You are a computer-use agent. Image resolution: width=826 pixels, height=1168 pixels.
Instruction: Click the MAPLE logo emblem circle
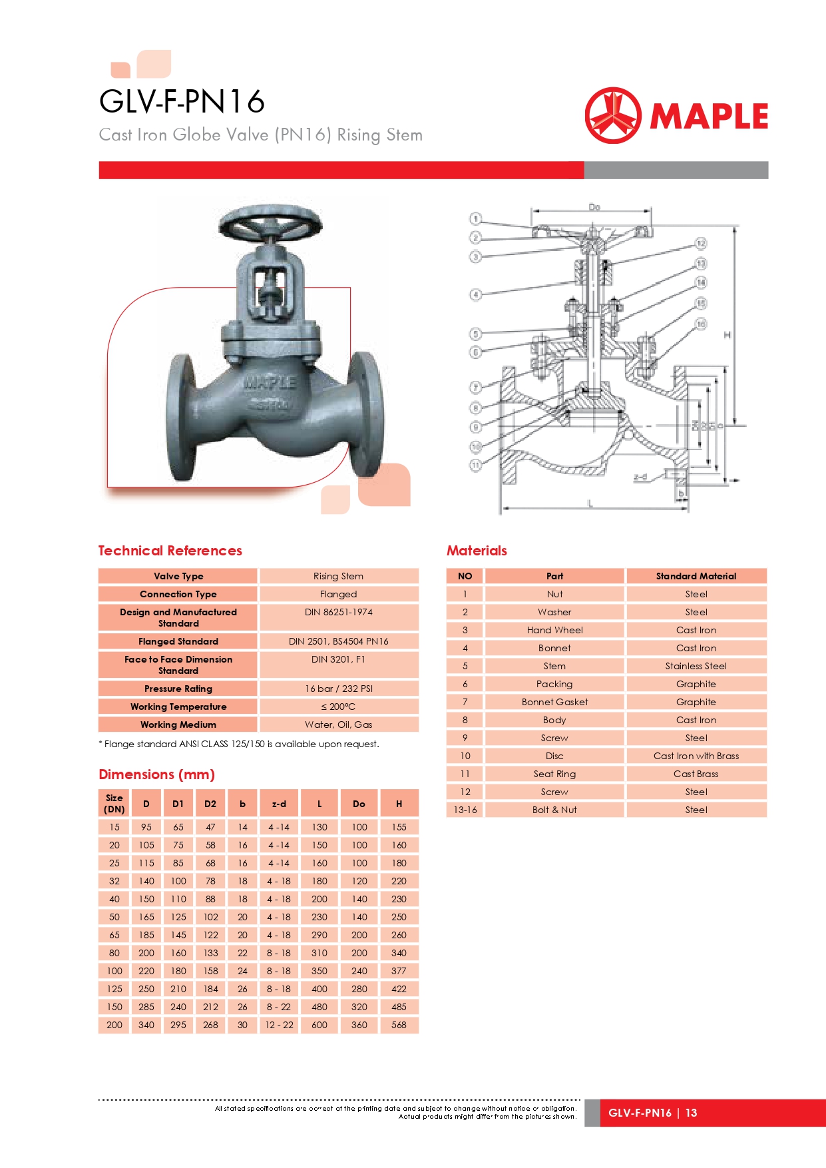point(612,115)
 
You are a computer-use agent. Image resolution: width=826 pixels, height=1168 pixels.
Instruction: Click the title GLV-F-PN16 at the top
point(182,102)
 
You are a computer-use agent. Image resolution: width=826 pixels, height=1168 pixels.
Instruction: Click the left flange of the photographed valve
point(181,416)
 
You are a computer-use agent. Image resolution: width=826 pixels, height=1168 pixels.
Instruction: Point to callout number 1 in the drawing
point(475,219)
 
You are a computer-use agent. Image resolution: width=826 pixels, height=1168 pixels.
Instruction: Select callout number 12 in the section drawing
point(701,243)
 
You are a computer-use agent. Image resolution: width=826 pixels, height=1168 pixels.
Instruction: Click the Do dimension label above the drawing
point(594,208)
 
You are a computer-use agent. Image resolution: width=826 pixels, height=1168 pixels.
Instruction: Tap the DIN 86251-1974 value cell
point(338,612)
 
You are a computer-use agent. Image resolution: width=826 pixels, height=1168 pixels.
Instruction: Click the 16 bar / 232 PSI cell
point(338,689)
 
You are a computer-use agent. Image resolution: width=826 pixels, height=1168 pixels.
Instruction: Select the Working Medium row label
point(178,725)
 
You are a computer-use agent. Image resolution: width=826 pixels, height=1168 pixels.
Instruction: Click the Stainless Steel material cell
point(696,666)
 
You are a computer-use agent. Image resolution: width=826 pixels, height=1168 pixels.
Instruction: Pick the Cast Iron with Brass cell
point(696,756)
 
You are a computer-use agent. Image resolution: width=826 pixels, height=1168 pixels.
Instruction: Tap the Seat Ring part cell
point(554,774)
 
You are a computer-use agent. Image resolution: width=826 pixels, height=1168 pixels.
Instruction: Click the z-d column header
point(279,804)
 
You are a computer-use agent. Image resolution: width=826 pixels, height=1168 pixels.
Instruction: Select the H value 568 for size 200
point(399,1025)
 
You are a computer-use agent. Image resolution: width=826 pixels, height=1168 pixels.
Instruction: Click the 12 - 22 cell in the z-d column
point(279,1025)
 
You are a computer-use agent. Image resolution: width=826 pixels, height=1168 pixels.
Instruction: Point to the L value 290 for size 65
point(319,935)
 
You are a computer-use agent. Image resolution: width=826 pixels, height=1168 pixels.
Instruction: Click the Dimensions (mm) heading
point(156,774)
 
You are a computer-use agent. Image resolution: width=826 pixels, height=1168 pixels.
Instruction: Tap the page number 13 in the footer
point(692,1113)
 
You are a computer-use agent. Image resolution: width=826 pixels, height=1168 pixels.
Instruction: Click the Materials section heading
point(477,551)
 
